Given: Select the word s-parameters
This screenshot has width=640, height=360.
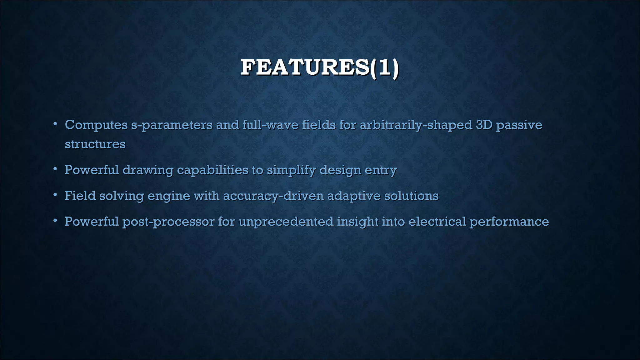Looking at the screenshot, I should pos(172,125).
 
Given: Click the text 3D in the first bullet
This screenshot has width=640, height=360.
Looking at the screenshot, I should pos(484,125).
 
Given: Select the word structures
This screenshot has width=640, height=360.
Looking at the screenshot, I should pos(95,144).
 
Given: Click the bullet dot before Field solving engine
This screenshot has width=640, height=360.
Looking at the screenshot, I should pos(55,195).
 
